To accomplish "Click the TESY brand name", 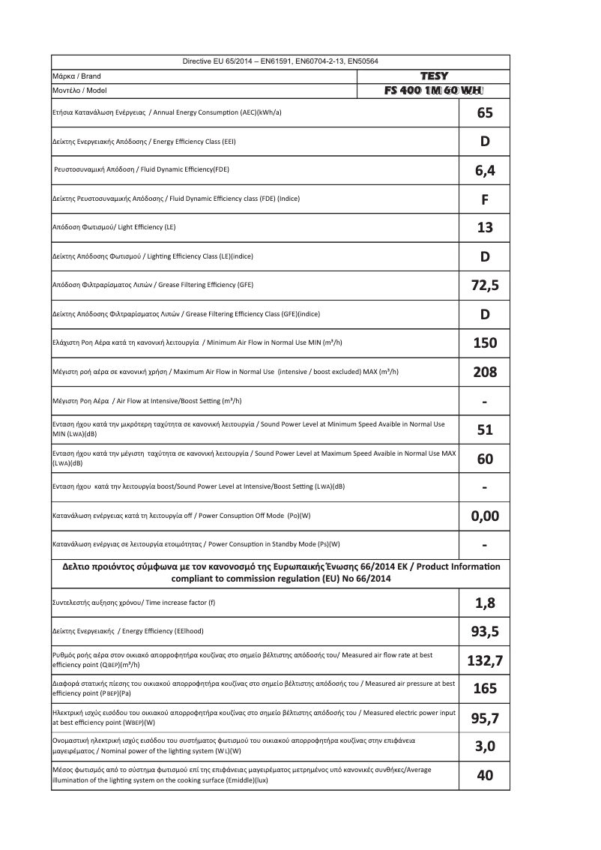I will [435, 76].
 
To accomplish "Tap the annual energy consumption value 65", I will [485, 114].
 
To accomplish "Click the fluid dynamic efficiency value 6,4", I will [485, 171].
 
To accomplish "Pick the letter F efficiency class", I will [485, 200].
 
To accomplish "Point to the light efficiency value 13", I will [485, 228].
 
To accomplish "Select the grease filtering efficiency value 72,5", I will [485, 285].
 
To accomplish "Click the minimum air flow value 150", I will [485, 343].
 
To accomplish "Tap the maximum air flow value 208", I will [485, 372].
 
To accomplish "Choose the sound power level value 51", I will [485, 429].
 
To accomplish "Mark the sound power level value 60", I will [485, 459].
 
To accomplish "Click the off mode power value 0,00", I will [485, 516].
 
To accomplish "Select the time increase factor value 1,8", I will [485, 603].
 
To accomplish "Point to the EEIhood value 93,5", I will [485, 632].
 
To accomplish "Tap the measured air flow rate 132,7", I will [485, 660].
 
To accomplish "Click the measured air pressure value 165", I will [485, 689].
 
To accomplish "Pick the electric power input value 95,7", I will [485, 719].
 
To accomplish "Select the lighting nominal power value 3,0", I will [485, 747].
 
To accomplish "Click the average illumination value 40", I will [485, 776].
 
